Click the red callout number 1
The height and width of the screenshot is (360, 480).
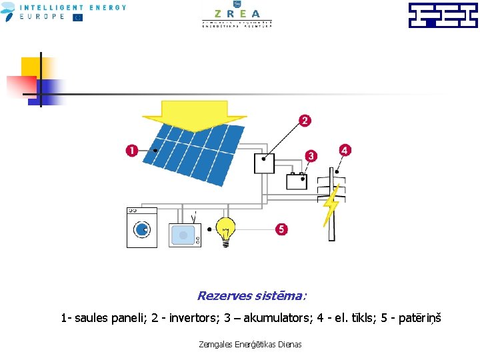point(132,151)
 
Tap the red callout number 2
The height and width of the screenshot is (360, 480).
point(305,121)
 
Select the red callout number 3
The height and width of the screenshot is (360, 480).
point(311,155)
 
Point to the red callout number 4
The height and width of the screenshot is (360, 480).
point(344,150)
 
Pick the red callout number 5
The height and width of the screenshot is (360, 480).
point(281,229)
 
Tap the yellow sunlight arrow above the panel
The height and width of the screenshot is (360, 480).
point(194,115)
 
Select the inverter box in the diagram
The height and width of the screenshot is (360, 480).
point(264,163)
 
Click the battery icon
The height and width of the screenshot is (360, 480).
point(297,181)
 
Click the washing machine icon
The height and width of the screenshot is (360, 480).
point(142,227)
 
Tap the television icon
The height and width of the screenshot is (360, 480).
point(185,234)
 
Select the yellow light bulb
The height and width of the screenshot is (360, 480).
point(226,231)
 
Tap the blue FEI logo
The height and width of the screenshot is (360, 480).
point(443,15)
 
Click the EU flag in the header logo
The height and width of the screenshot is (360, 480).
point(77,17)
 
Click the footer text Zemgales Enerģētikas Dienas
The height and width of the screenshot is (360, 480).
point(250,344)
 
